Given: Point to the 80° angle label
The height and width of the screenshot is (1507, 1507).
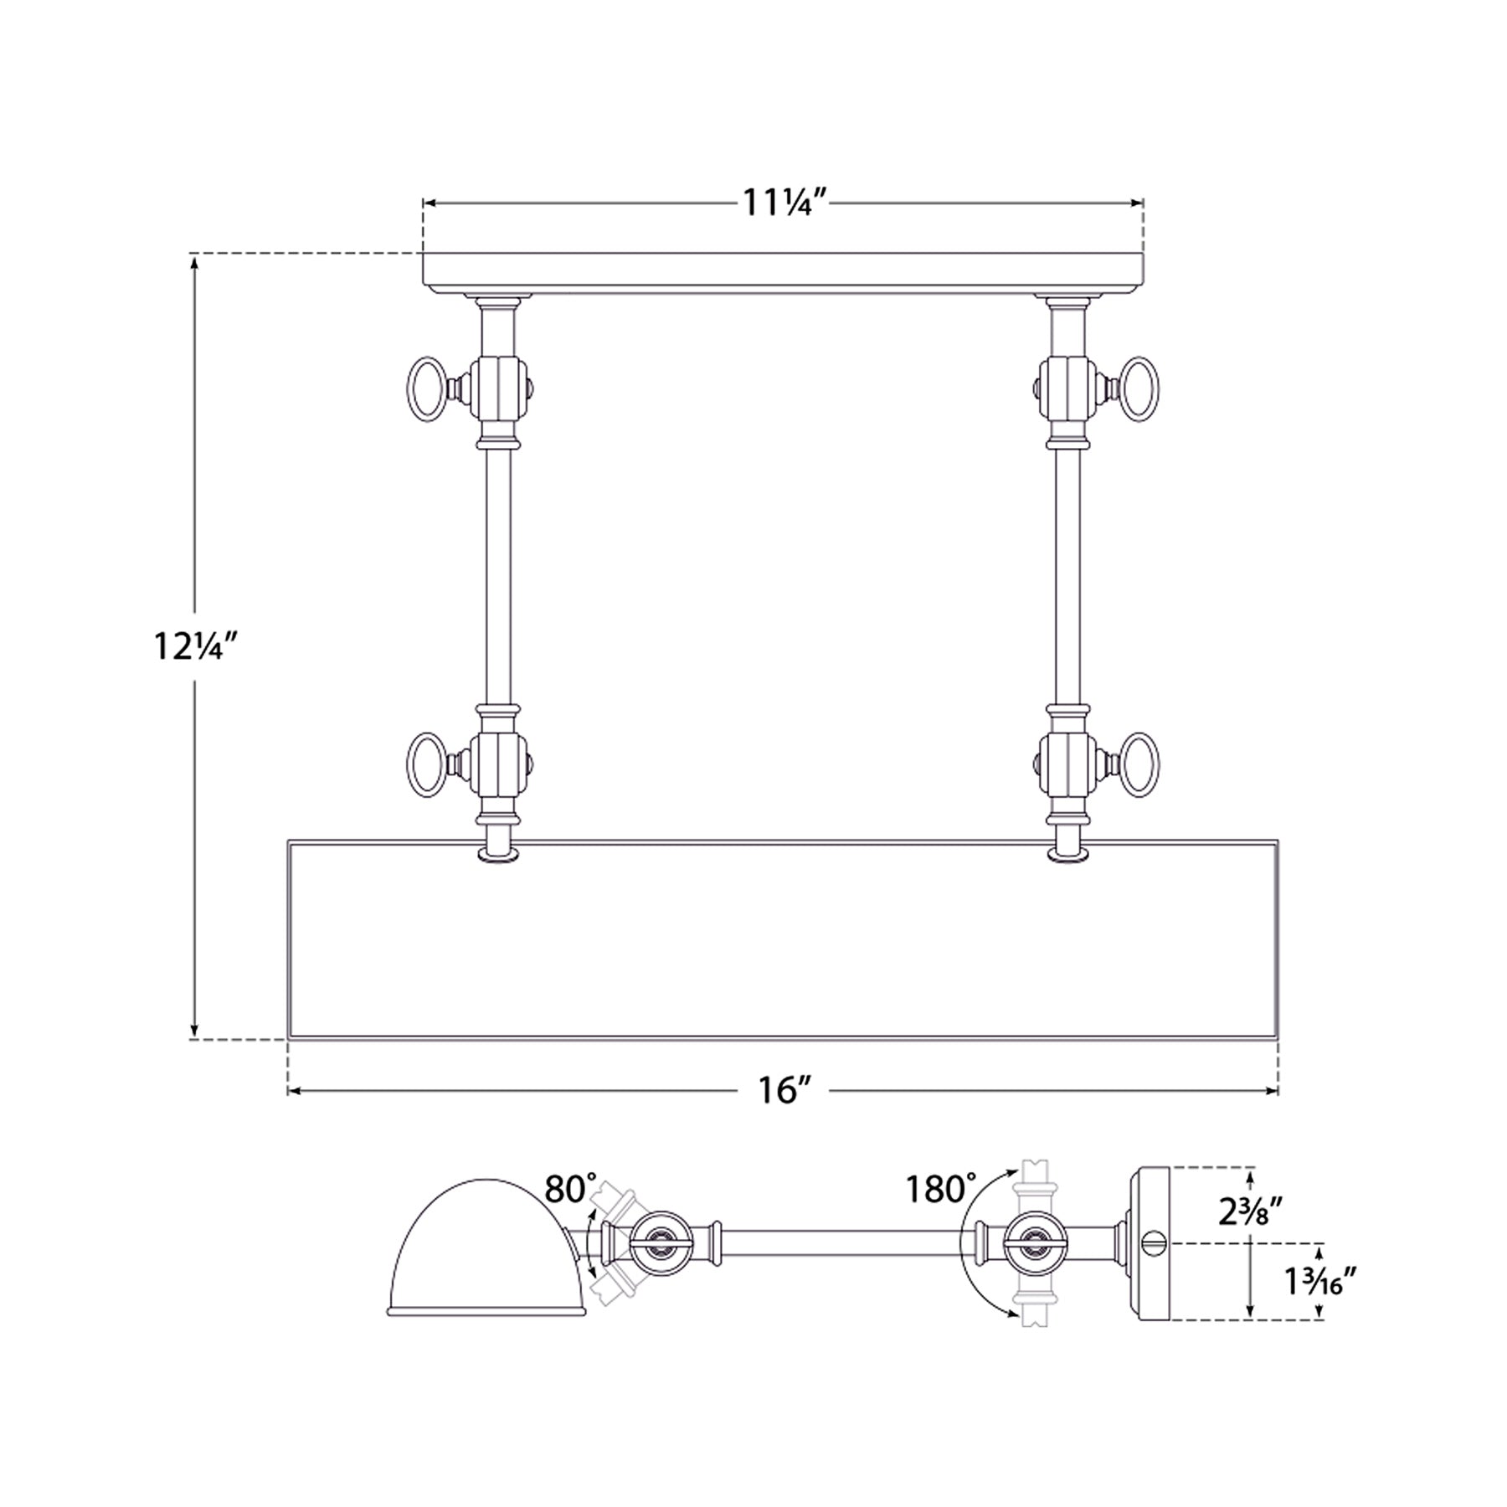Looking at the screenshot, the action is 571,1188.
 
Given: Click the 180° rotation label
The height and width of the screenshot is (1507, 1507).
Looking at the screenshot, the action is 940,1188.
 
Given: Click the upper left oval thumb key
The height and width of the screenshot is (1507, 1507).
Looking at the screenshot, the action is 425,389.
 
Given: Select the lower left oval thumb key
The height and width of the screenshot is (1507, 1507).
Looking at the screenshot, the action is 425,765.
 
